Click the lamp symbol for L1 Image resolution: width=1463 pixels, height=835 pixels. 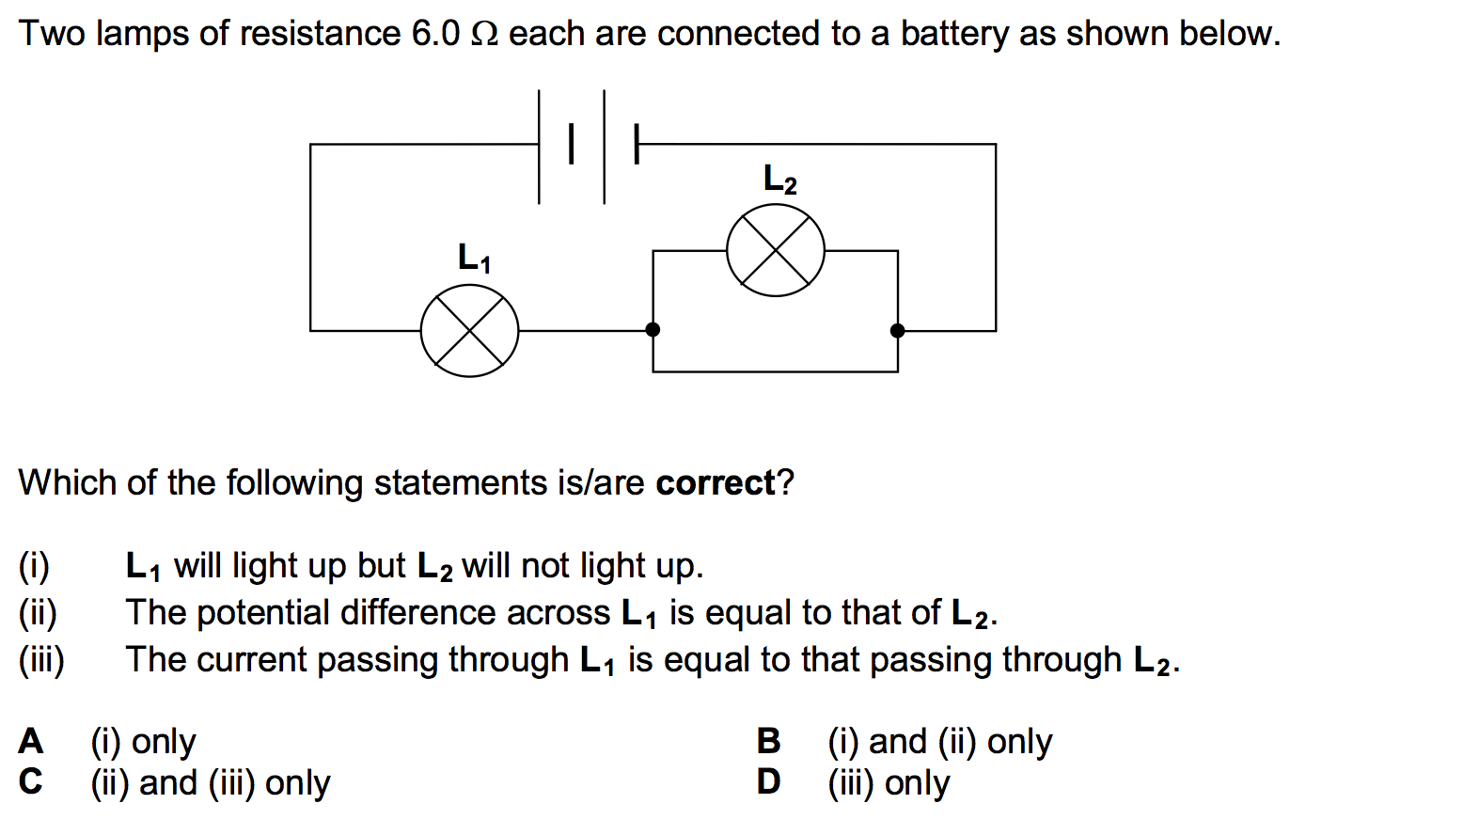click(469, 331)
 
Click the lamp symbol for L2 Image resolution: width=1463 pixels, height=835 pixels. click(776, 251)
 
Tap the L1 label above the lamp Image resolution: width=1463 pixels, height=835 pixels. click(474, 257)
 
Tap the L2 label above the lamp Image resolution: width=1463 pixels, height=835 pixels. click(779, 178)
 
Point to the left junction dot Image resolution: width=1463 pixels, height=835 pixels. click(653, 329)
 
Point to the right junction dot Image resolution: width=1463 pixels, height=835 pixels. click(898, 330)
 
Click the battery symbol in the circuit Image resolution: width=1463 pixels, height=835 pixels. click(588, 145)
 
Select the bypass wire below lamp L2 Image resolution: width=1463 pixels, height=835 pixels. click(776, 371)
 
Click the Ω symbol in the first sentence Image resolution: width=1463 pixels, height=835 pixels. click(483, 35)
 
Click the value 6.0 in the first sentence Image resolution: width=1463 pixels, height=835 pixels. click(435, 34)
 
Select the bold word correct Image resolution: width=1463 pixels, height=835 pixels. click(716, 483)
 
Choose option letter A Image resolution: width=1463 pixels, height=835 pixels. click(31, 741)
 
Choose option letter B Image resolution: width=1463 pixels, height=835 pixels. click(768, 741)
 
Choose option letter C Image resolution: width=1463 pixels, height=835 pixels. click(31, 781)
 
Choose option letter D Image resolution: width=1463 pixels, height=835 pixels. click(768, 781)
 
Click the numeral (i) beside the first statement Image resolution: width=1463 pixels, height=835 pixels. click(34, 566)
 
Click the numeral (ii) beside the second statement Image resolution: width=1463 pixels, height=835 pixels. click(38, 613)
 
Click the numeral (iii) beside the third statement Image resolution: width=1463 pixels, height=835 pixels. click(41, 660)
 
